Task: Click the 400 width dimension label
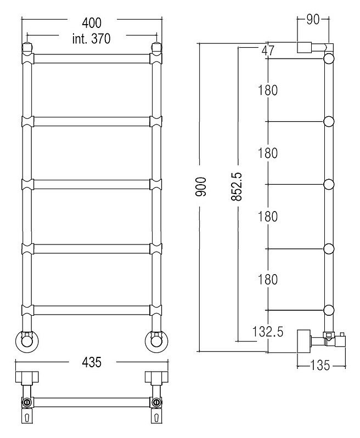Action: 92,23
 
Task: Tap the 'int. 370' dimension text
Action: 92,38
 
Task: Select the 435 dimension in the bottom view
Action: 92,362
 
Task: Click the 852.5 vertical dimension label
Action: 237,186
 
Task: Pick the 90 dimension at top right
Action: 313,19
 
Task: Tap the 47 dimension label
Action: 268,51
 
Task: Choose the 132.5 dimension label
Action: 268,332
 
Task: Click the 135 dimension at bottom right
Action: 320,365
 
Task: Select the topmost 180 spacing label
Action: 268,90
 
